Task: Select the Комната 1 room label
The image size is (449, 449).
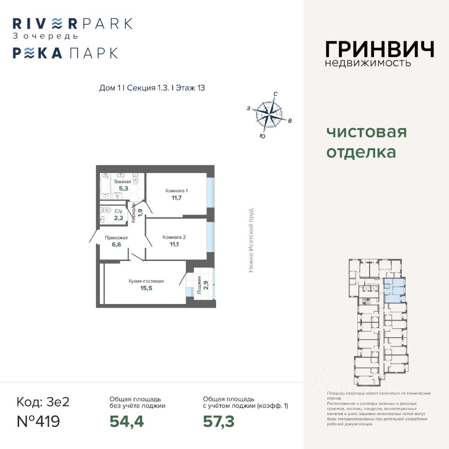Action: point(176,191)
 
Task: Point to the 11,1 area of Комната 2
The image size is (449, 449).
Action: point(174,245)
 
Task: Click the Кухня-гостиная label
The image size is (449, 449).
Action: point(146,281)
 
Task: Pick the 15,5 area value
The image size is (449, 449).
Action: point(146,288)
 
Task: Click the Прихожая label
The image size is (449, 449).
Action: point(117,238)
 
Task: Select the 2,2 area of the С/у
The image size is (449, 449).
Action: point(118,218)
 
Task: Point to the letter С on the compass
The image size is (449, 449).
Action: point(275,94)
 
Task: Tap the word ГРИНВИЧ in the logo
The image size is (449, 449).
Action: point(379,49)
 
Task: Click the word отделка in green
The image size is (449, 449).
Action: point(361,152)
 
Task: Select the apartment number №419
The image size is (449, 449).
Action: point(38,421)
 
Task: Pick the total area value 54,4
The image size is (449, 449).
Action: point(126,421)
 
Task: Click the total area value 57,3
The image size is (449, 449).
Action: point(218,421)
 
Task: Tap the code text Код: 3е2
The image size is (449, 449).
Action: point(43,402)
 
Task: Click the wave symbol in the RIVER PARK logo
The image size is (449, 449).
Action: point(56,23)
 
